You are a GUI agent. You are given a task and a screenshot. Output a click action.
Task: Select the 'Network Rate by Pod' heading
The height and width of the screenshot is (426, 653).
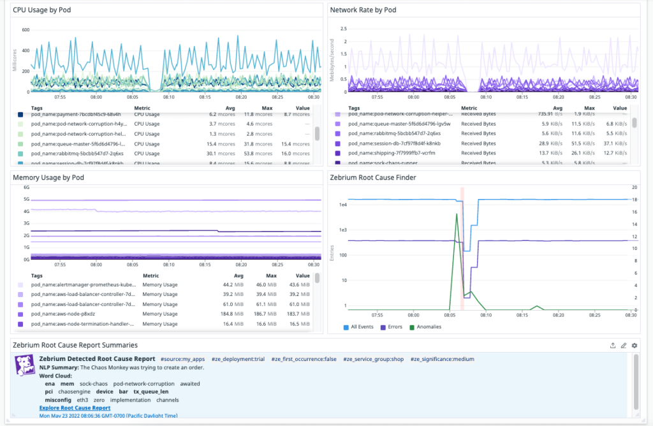tap(363, 10)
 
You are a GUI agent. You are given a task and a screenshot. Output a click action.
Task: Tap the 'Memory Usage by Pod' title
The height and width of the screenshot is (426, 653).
tap(48, 177)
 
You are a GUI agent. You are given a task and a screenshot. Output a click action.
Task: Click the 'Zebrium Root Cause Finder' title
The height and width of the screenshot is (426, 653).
tap(373, 177)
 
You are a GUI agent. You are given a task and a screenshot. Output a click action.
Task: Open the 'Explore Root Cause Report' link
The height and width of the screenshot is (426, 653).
tap(75, 408)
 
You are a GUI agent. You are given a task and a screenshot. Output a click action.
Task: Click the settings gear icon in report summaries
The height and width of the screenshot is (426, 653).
tap(635, 345)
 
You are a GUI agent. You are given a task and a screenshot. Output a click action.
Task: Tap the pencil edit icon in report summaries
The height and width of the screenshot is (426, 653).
tap(624, 345)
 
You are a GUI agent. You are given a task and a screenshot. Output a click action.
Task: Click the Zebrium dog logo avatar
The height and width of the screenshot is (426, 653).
tap(24, 364)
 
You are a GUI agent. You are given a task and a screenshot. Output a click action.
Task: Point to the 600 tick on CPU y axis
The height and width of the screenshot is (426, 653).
tap(26, 30)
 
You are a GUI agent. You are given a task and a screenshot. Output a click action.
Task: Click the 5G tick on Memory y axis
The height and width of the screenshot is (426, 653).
tap(27, 200)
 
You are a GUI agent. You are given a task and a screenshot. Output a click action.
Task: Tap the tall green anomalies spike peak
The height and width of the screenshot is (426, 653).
tap(456, 214)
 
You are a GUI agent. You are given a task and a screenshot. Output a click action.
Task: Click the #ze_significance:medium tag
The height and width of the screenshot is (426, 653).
tap(442, 359)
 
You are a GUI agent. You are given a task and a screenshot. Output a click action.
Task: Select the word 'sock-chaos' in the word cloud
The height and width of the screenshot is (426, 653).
tap(94, 384)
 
